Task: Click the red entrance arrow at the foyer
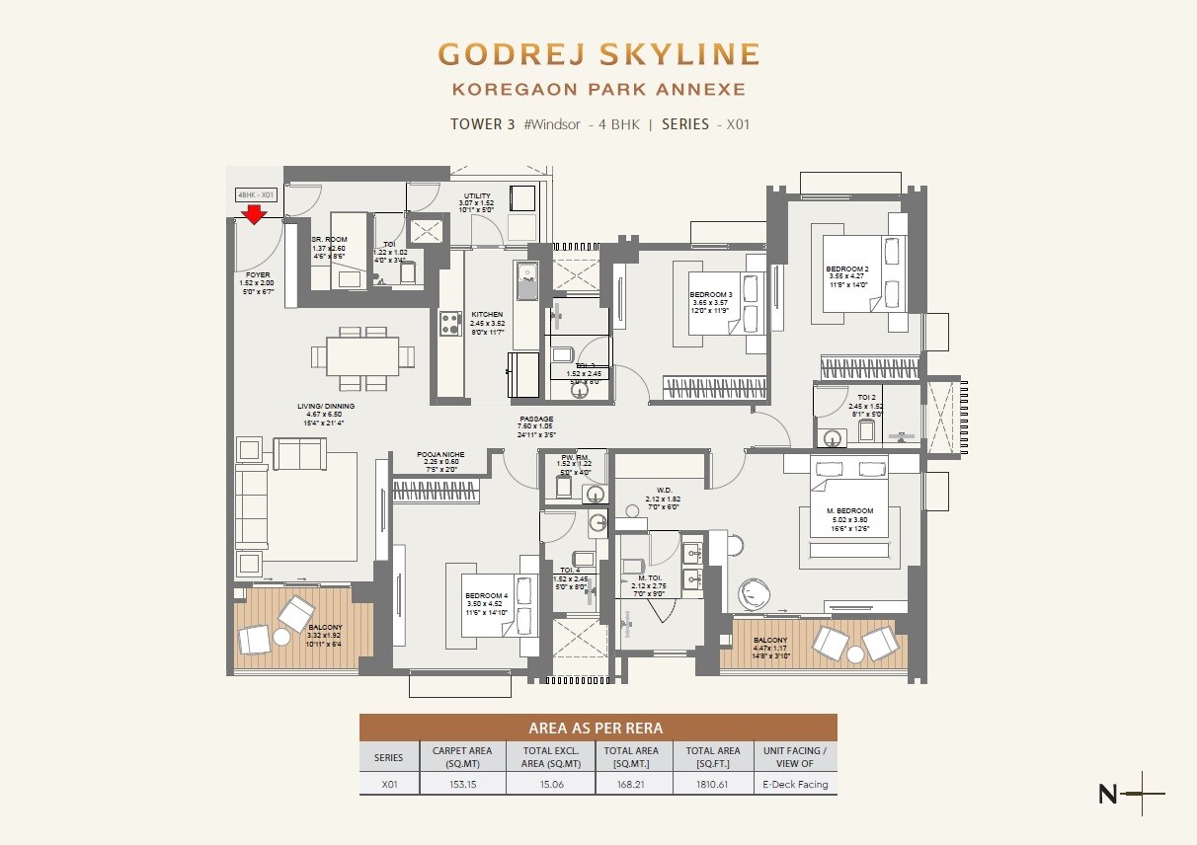click(x=255, y=214)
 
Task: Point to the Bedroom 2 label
click(x=848, y=269)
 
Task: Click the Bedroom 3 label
click(x=711, y=295)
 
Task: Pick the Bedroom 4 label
click(x=486, y=595)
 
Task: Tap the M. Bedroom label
click(x=849, y=511)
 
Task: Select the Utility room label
click(x=477, y=196)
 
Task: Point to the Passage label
click(x=536, y=420)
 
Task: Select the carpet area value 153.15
click(x=462, y=785)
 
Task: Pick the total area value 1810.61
click(x=712, y=785)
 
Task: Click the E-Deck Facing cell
click(x=795, y=785)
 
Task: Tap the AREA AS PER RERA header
click(x=597, y=729)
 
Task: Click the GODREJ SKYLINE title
click(x=598, y=53)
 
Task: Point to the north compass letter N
click(x=1108, y=793)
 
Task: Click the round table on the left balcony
click(x=281, y=637)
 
